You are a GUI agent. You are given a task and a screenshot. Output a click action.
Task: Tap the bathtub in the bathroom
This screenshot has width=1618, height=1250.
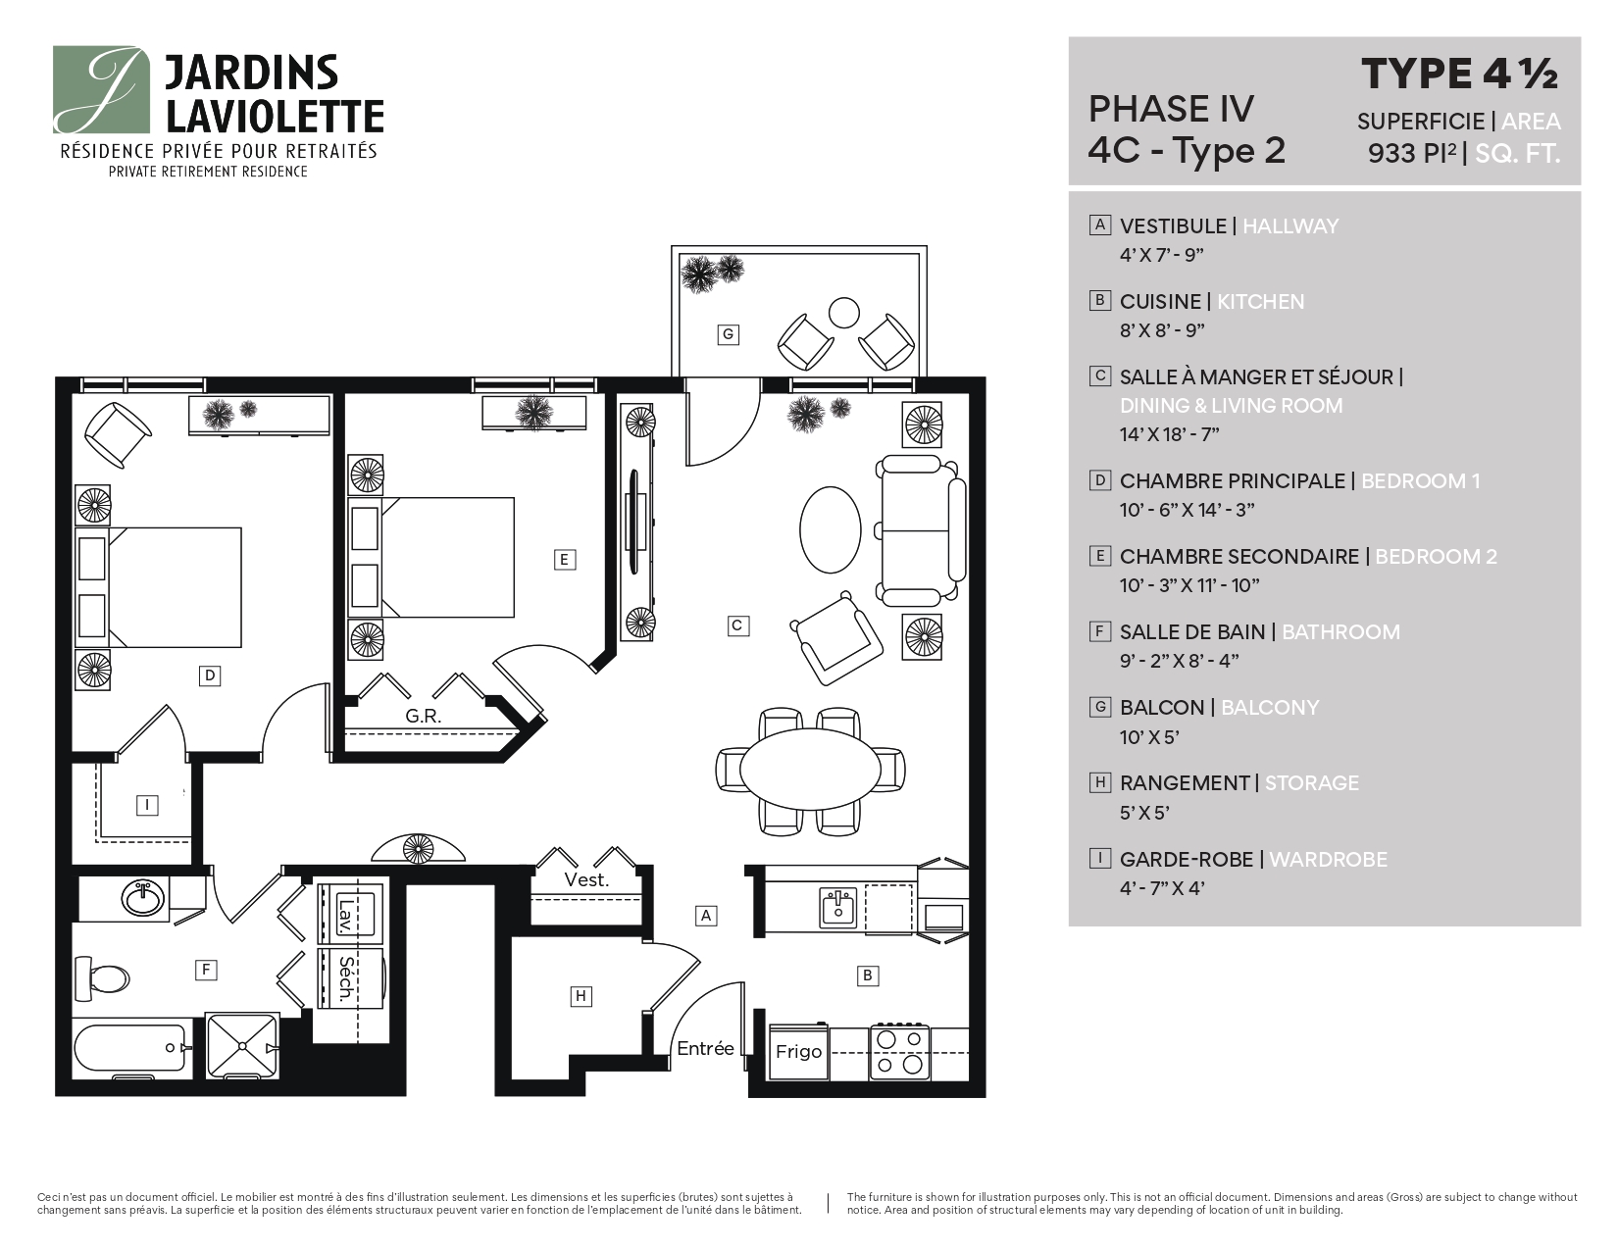(131, 1052)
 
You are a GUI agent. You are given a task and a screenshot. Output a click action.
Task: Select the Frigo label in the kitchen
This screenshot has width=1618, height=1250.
(798, 1052)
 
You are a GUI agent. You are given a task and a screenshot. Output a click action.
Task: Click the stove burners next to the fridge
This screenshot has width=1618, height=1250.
(900, 1052)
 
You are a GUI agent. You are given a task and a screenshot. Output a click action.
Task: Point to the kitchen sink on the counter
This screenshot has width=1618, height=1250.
(837, 907)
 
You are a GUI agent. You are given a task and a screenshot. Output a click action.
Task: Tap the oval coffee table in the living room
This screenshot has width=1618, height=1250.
(831, 529)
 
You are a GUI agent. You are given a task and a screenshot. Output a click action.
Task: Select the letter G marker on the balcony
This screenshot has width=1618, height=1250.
(728, 334)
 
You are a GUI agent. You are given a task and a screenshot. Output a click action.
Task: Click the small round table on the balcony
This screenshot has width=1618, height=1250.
(843, 313)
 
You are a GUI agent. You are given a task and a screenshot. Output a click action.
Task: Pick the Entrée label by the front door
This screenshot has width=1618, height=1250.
(705, 1048)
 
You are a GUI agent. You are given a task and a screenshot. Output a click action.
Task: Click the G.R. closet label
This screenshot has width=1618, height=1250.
(423, 717)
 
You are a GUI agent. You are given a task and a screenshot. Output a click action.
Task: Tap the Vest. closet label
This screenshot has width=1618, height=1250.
(586, 880)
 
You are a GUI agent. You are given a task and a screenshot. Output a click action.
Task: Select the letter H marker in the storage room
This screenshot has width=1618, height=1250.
(581, 996)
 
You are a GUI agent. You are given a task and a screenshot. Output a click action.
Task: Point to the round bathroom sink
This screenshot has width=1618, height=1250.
(144, 898)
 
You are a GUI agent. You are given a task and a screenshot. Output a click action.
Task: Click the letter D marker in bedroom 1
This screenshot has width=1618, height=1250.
(209, 675)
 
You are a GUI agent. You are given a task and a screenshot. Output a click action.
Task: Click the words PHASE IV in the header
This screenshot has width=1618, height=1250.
(1171, 109)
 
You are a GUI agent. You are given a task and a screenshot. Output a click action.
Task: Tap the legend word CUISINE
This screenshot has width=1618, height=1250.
(1160, 302)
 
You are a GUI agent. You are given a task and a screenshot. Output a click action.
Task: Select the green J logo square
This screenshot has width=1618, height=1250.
(101, 89)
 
